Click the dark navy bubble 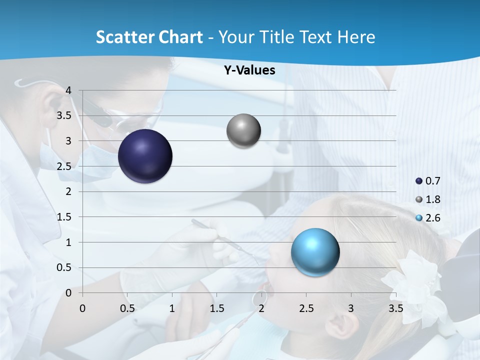click(x=145, y=156)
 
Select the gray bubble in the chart click(x=243, y=131)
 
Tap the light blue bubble click(x=315, y=252)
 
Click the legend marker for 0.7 click(x=419, y=181)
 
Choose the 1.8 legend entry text click(x=433, y=199)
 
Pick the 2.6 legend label click(x=433, y=218)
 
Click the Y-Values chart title click(x=249, y=70)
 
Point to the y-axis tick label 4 click(x=68, y=90)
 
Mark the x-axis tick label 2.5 click(x=306, y=308)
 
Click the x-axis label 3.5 click(x=395, y=308)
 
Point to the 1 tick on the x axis click(x=172, y=308)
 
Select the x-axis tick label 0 click(x=82, y=308)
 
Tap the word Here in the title click(x=356, y=37)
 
